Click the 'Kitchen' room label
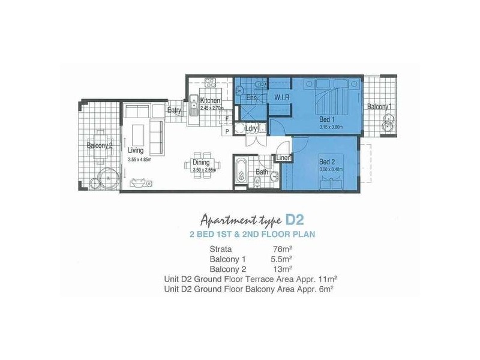[x=211, y=100]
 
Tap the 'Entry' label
[x=174, y=110]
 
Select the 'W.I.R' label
[x=283, y=97]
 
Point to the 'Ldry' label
[x=252, y=128]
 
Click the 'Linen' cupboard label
[x=283, y=158]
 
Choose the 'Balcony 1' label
[x=379, y=107]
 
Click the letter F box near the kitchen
[x=227, y=118]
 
